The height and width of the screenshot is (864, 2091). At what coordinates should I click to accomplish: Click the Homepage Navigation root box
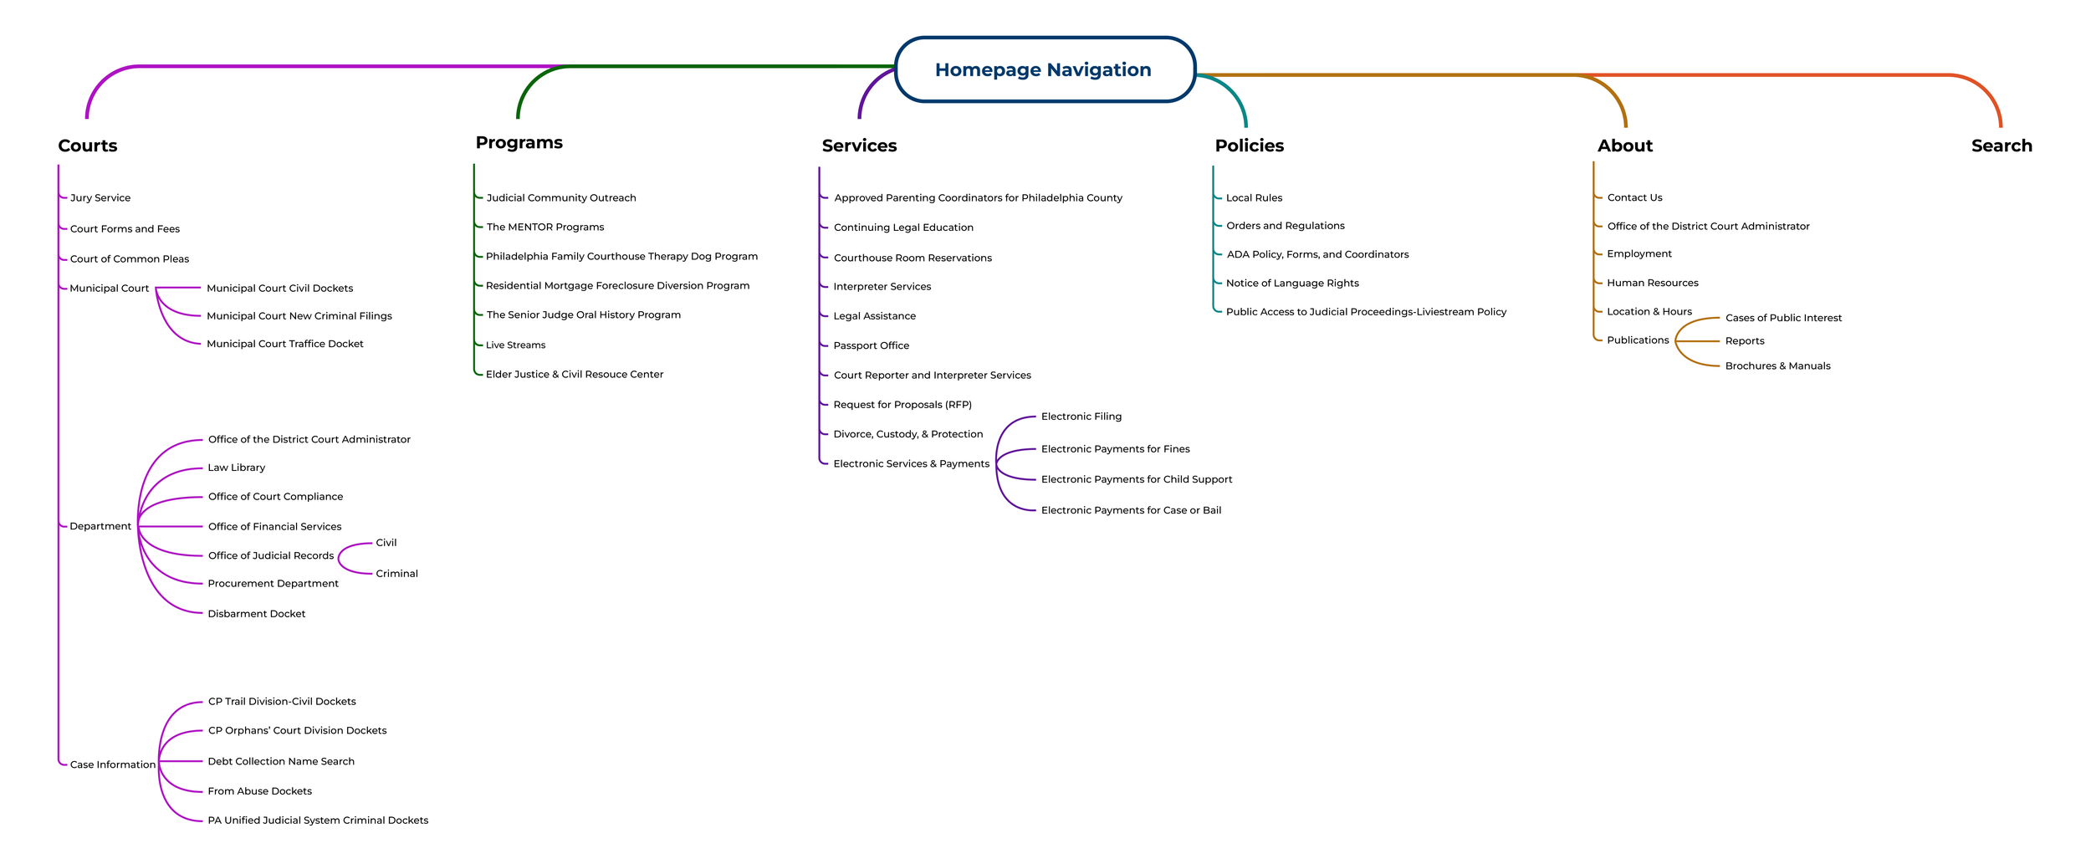pos(1044,69)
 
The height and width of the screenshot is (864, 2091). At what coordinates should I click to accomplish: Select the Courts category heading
pos(88,146)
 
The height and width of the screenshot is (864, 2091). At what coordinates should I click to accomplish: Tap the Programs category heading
pos(519,142)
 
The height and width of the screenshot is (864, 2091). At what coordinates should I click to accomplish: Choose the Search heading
pos(2001,146)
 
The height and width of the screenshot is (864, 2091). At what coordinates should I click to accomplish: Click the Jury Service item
pos(100,198)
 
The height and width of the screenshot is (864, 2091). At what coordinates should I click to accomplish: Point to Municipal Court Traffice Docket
pos(284,344)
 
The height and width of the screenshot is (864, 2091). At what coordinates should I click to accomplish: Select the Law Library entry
pos(237,468)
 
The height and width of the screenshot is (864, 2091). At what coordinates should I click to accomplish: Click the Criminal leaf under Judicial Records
pos(396,574)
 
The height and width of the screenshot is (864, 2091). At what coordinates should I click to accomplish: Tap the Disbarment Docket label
pos(257,614)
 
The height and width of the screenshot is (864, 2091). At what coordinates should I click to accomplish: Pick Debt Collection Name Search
pos(281,761)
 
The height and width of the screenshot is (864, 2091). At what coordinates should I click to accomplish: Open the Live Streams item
pos(515,345)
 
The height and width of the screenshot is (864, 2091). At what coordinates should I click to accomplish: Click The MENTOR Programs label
pos(545,227)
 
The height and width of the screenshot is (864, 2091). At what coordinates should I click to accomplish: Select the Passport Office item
pos(871,345)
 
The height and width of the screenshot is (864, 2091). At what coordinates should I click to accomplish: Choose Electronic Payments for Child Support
pos(1136,479)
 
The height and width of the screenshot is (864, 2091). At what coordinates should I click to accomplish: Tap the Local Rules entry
pos(1254,198)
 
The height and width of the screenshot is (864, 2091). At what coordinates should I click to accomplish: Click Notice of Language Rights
pos(1292,284)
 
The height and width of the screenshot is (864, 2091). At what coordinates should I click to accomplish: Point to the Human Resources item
pos(1652,283)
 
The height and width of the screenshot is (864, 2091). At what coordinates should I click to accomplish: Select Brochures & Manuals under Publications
pos(1777,366)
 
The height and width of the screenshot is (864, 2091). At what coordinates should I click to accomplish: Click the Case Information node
pos(113,764)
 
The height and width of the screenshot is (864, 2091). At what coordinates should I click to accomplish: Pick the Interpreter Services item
pos(882,287)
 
